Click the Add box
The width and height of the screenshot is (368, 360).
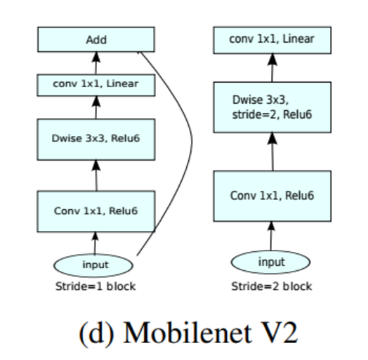coord(96,39)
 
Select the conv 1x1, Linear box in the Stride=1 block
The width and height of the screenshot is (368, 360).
coord(96,84)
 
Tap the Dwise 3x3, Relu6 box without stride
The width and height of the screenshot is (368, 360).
coord(96,138)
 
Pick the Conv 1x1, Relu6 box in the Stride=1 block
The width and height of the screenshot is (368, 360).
coord(96,211)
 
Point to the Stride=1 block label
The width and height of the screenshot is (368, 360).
coord(96,286)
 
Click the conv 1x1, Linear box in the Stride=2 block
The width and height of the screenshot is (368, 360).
coord(272,39)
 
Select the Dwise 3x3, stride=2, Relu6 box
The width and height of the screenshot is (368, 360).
coord(272,107)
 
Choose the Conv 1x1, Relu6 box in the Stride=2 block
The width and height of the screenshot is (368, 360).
coord(272,195)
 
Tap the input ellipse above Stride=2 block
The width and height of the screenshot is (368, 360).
coord(272,262)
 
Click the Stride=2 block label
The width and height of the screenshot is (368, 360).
coord(272,286)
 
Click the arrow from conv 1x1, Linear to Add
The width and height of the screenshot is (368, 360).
coord(96,63)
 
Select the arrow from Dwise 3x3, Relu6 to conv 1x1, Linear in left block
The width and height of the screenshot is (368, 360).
coord(96,107)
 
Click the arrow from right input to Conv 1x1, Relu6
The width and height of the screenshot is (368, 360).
coord(272,235)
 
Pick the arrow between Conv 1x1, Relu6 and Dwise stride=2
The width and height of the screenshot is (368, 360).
coord(272,151)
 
